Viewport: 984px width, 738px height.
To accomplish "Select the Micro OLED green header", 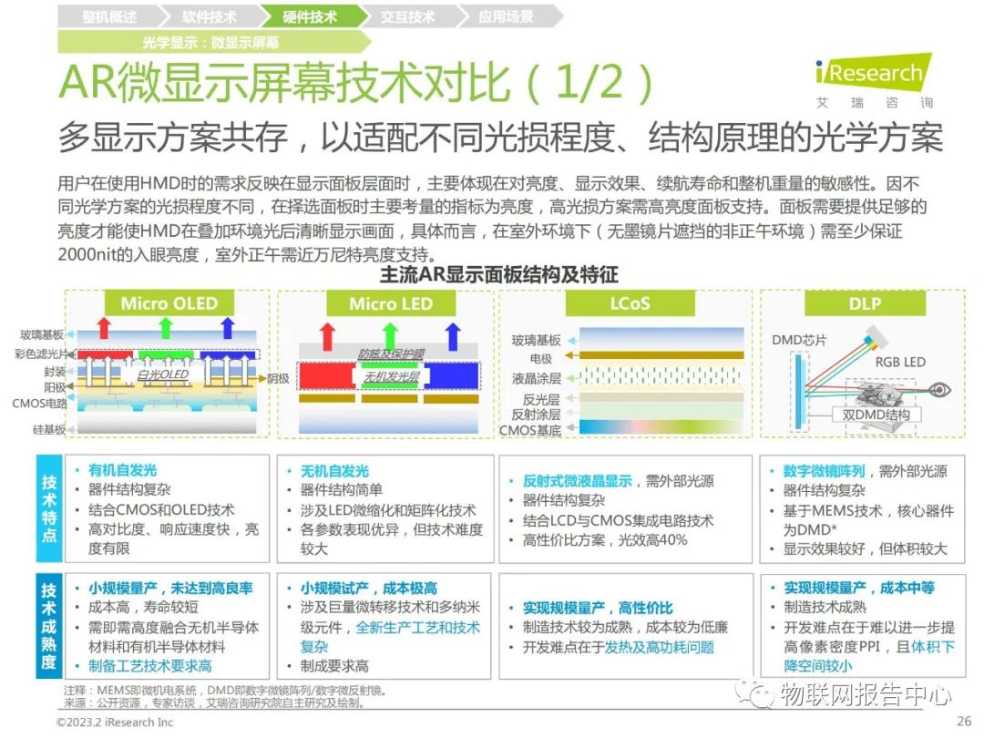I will [x=169, y=303].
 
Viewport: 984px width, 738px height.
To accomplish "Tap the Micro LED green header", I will [x=390, y=303].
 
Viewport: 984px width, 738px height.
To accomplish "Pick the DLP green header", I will [x=864, y=303].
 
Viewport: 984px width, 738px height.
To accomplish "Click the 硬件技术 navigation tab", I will [x=310, y=16].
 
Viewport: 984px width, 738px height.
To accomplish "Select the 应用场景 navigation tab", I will [x=506, y=16].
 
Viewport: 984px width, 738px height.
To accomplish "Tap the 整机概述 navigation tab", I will [x=108, y=16].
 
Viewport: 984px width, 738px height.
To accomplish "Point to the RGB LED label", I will [x=899, y=362].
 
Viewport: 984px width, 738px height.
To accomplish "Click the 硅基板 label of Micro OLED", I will [x=50, y=429].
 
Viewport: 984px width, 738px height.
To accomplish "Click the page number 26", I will [x=964, y=721].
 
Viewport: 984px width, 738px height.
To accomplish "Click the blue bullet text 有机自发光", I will [x=123, y=470].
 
